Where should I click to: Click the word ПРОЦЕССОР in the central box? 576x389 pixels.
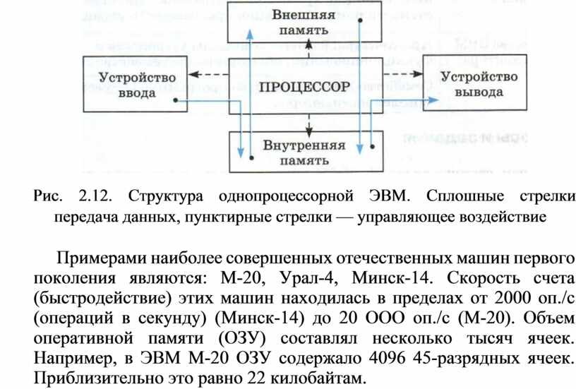[x=304, y=87]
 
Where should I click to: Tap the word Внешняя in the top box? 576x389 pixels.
[x=304, y=15]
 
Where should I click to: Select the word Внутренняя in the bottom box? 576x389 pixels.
[x=304, y=145]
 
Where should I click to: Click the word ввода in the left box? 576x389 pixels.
[x=137, y=93]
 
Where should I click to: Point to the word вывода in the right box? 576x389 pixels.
[x=479, y=92]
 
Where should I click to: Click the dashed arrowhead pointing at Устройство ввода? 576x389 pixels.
[x=194, y=74]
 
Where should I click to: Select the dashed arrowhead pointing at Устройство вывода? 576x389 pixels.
[x=417, y=74]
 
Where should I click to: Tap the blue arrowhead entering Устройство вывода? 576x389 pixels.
[x=433, y=100]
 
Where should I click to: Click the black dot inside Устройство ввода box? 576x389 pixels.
[x=176, y=100]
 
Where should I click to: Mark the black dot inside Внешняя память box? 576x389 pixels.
[x=360, y=20]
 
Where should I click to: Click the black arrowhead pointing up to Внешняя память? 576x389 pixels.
[x=309, y=44]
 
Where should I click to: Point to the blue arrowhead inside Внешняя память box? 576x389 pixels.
[x=250, y=34]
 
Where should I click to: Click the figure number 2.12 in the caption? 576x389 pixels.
[x=95, y=196]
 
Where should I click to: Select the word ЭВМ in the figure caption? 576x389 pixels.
[x=389, y=196]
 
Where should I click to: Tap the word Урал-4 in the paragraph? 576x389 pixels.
[x=307, y=278]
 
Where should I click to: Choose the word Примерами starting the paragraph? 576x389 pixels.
[x=102, y=258]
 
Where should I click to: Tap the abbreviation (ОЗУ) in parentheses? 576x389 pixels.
[x=242, y=338]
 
